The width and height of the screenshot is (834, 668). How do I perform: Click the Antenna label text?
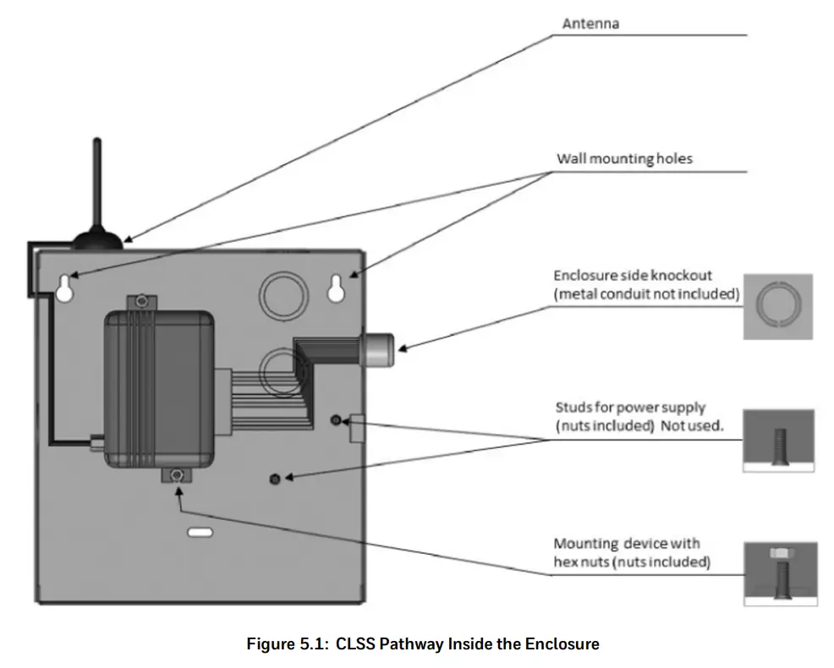[x=590, y=24]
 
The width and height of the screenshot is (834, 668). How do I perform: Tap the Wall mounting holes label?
[x=624, y=158]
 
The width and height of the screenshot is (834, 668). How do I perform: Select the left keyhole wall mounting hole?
[x=65, y=288]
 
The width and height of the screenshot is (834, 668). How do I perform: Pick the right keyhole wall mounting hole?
[x=336, y=288]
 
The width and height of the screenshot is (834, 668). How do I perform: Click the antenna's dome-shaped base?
[x=97, y=240]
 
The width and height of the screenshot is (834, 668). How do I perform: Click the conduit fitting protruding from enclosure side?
[x=377, y=349]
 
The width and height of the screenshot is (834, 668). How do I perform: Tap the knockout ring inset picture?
[x=777, y=306]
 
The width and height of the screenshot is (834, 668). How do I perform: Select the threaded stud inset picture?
[x=778, y=441]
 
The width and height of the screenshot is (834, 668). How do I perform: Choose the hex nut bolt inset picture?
[x=780, y=574]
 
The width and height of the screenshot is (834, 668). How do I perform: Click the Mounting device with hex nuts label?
[x=632, y=553]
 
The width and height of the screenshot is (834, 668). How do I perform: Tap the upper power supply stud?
[x=336, y=420]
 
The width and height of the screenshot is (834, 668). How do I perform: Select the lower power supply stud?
[x=275, y=479]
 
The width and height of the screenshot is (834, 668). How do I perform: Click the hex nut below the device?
[x=177, y=474]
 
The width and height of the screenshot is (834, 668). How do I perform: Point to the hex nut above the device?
[x=141, y=302]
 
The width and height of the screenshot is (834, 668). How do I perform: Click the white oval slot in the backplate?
[x=200, y=533]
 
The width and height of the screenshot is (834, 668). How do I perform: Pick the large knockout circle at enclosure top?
[x=283, y=296]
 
